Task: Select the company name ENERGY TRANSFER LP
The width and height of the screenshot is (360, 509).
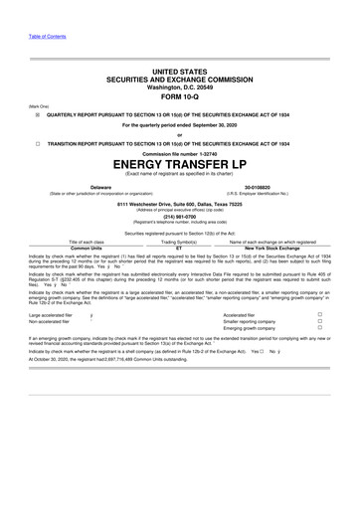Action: point(179,162)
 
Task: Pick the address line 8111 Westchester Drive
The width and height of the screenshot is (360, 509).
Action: point(179,201)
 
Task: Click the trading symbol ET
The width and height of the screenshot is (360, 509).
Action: point(179,248)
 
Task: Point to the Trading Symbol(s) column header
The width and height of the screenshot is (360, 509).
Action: point(179,242)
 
